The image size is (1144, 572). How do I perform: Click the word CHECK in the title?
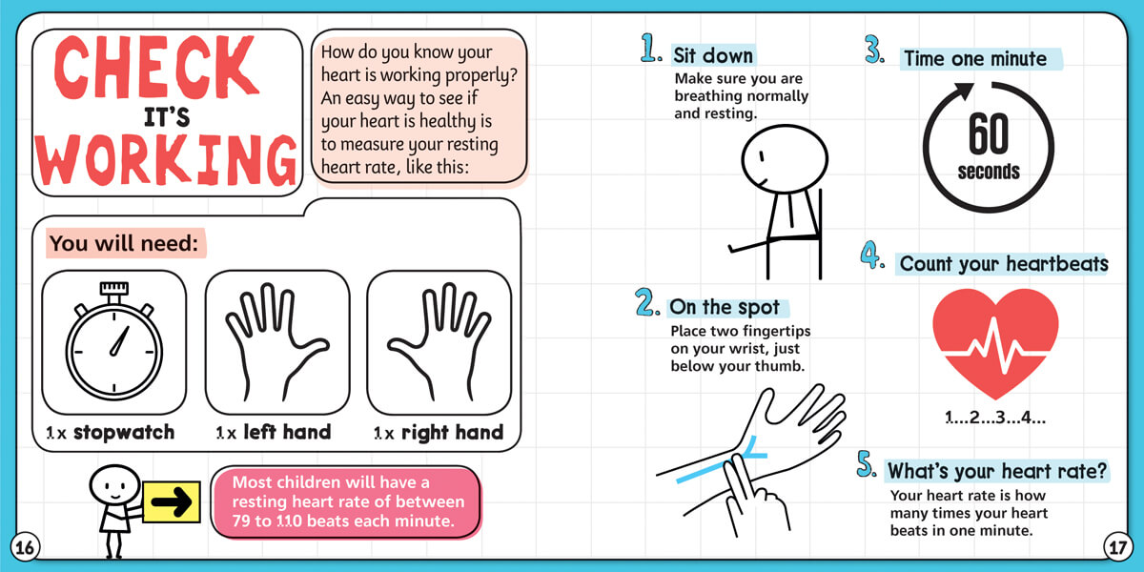tap(155, 67)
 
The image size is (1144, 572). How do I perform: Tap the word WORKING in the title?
tap(167, 160)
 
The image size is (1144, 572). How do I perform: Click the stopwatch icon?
tap(113, 340)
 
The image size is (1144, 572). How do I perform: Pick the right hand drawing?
tap(439, 341)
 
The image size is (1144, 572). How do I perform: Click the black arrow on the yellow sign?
tap(171, 501)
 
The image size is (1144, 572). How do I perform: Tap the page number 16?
tap(25, 547)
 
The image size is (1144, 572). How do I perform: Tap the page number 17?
tap(1117, 547)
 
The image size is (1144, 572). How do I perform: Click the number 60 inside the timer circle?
tap(989, 133)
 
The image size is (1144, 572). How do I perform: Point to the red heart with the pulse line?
tap(995, 342)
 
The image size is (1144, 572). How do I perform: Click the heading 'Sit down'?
tap(713, 55)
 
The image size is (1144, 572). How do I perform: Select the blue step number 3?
tap(874, 49)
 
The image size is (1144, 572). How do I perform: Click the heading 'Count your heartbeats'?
tap(1004, 263)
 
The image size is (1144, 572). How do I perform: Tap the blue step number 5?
tap(867, 463)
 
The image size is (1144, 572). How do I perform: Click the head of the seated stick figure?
tap(785, 159)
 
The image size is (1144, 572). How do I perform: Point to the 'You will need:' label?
tap(124, 243)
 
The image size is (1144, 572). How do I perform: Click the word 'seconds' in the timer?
tap(989, 172)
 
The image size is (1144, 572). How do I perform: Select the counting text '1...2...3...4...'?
tap(995, 418)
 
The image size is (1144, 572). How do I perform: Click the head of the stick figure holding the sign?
tap(115, 484)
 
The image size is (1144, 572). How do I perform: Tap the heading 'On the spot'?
tap(725, 307)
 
